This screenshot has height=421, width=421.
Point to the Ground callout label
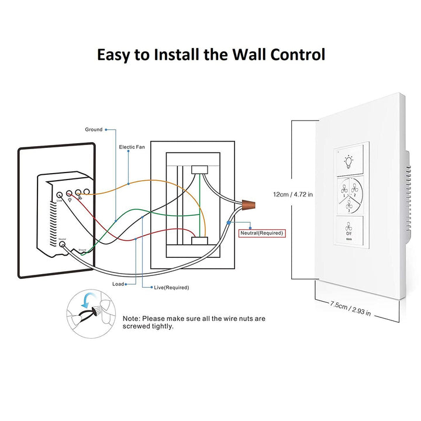pyautogui.click(x=94, y=129)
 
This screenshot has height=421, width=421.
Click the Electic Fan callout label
pyautogui.click(x=132, y=147)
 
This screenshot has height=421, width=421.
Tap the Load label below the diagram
pyautogui.click(x=118, y=284)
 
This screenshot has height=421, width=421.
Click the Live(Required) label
pyautogui.click(x=172, y=287)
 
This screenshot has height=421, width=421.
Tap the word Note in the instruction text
pyautogui.click(x=132, y=319)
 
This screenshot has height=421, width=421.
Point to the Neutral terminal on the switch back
pyautogui.click(x=61, y=244)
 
